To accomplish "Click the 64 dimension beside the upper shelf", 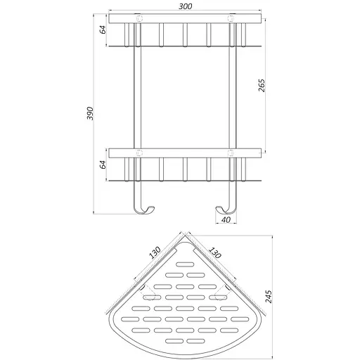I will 101,30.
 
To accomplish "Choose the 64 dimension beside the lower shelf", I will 101,165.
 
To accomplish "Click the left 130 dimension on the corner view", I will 157,251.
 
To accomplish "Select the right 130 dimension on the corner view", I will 217,251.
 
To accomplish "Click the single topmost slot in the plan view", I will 186,264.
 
